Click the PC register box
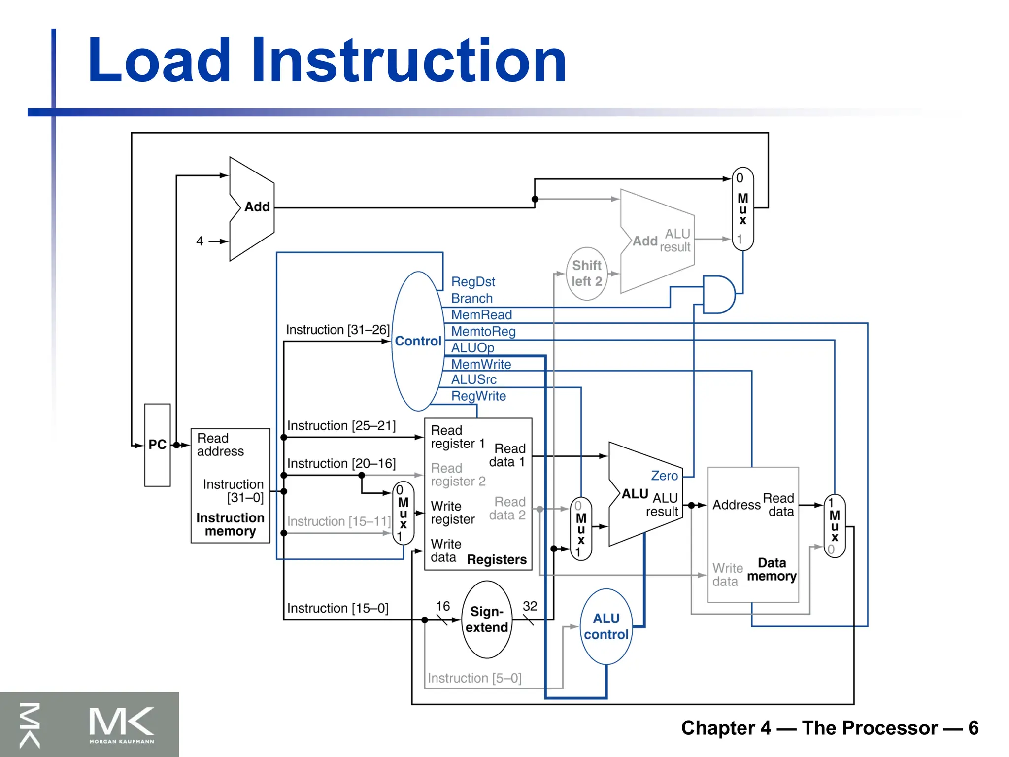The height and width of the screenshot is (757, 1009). click(157, 445)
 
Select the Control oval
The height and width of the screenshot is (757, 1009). click(418, 341)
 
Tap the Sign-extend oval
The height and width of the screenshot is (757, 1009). click(487, 619)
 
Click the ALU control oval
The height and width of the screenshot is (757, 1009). click(606, 626)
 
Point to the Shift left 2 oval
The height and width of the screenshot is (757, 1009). click(586, 274)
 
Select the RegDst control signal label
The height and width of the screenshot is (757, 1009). click(473, 282)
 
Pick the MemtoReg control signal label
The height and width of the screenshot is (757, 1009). click(483, 331)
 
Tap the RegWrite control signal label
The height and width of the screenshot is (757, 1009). click(478, 396)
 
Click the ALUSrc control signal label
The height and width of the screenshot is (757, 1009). click(474, 379)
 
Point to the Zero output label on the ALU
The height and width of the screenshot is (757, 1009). click(664, 476)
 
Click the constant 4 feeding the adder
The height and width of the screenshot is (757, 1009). click(200, 241)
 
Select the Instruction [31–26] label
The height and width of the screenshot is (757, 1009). click(337, 330)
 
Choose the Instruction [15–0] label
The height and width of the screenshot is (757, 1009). click(337, 608)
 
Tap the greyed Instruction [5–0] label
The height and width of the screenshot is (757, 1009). click(474, 678)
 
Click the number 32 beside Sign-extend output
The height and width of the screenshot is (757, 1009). click(530, 606)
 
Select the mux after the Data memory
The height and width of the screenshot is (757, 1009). click(834, 526)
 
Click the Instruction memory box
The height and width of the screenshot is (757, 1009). click(230, 486)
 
